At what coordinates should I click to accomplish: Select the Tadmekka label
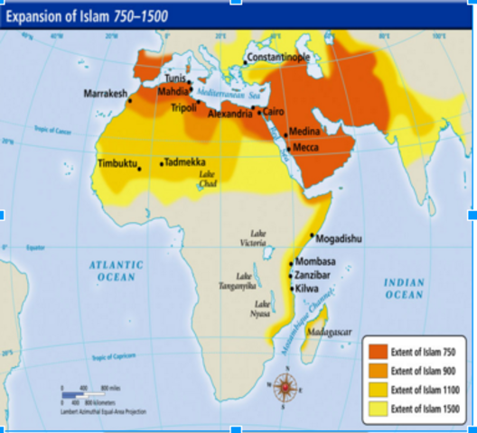point(188,163)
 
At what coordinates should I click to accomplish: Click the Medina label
point(304,132)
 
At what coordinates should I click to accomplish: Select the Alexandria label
point(231,115)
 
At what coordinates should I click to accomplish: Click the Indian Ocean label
point(403,289)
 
